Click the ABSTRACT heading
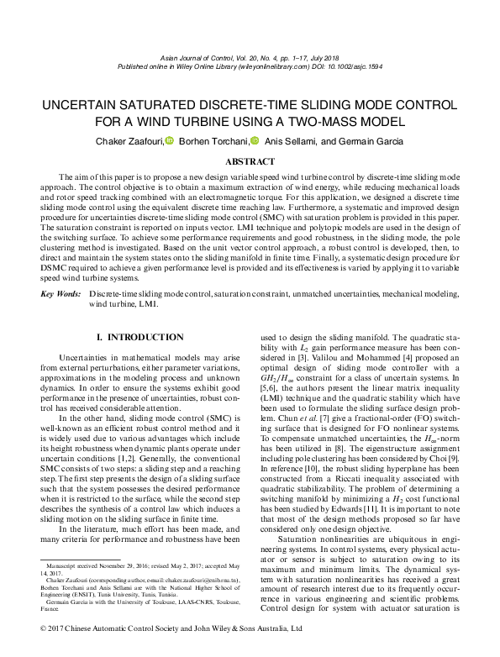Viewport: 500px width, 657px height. pyautogui.click(x=250, y=161)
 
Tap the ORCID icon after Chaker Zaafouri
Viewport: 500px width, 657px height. pyautogui.click(x=168, y=141)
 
